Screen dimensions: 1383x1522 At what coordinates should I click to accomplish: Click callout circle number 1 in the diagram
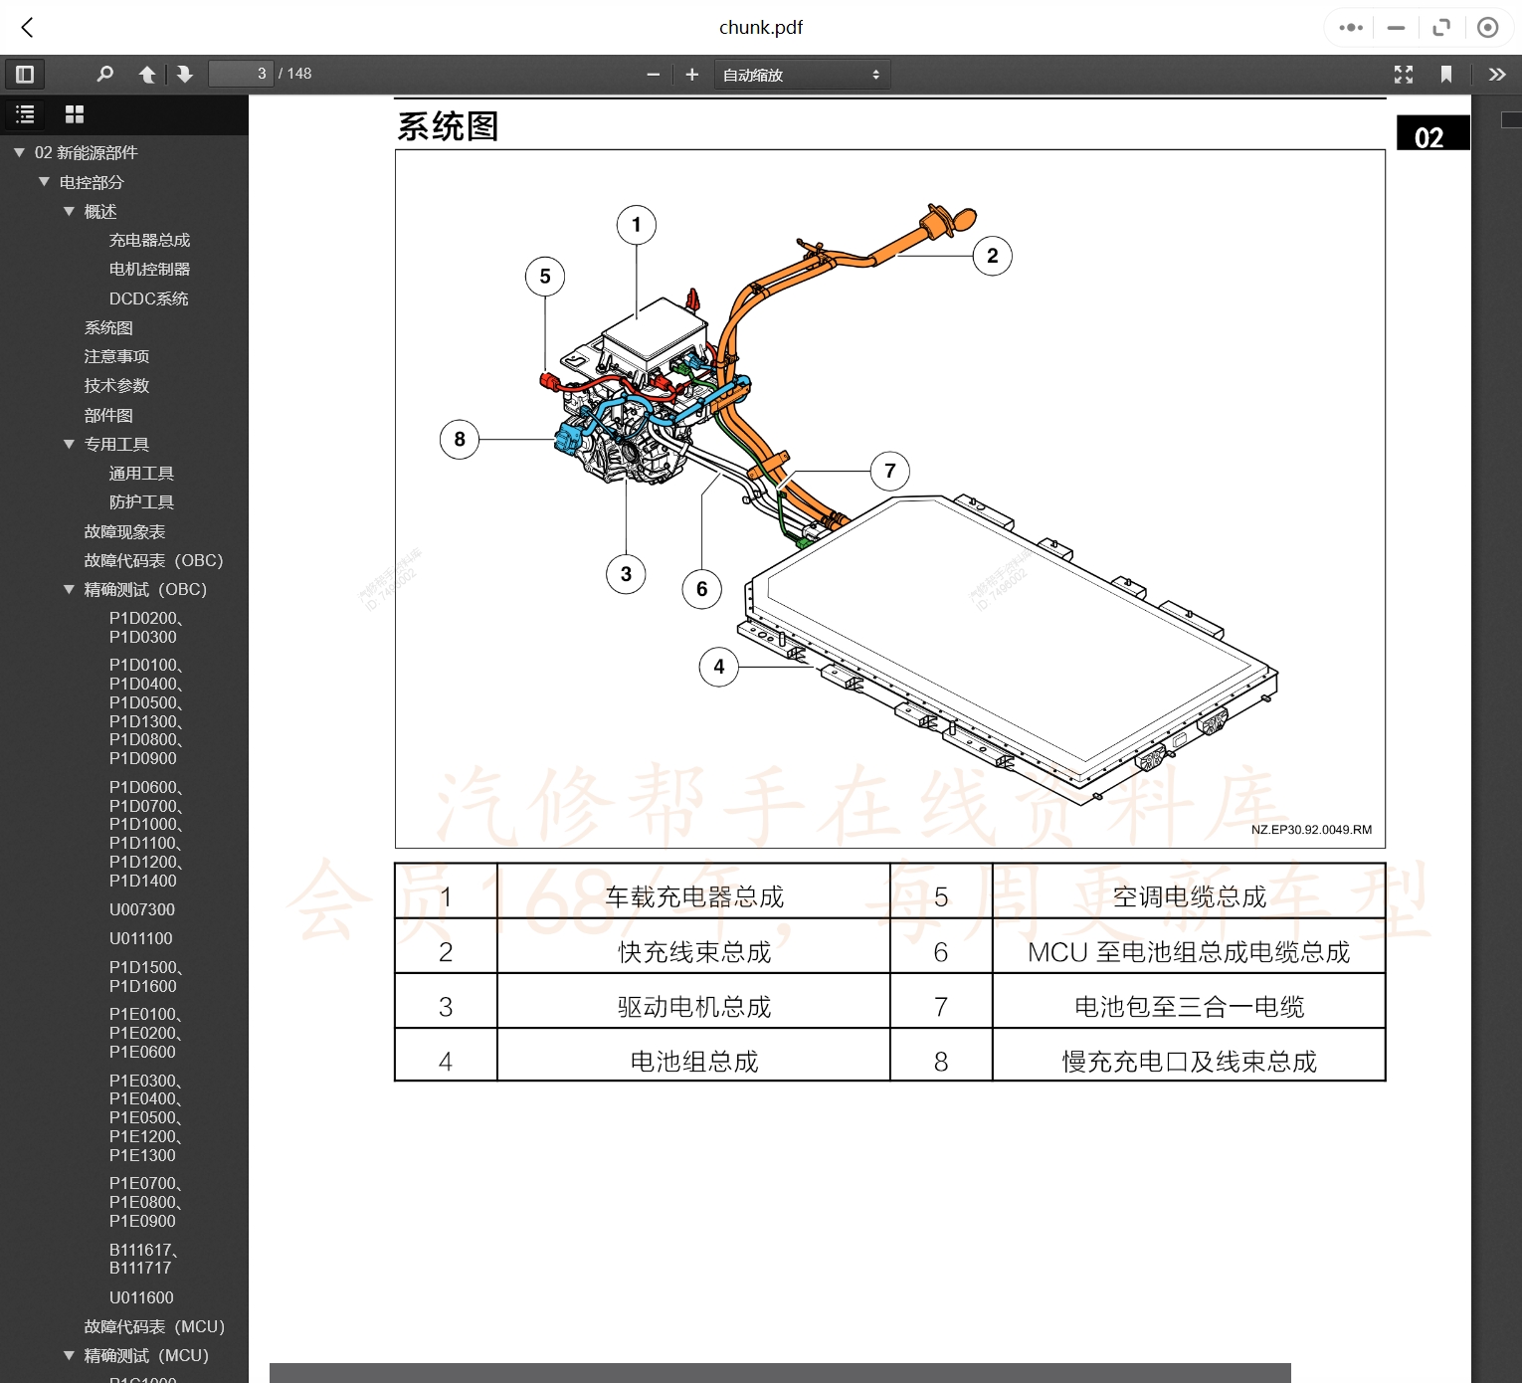[637, 225]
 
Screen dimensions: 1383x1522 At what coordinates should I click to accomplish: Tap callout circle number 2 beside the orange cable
[992, 256]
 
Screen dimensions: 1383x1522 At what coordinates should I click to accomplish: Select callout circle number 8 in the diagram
[460, 439]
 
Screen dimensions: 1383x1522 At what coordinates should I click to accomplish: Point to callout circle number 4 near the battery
[719, 667]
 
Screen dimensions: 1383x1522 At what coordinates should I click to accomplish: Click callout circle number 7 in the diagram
[890, 471]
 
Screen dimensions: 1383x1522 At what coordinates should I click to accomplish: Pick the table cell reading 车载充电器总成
[694, 897]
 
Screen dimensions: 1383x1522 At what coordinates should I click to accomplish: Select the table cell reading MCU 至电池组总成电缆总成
[1189, 952]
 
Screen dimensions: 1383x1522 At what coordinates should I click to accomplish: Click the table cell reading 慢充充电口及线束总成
[1189, 1062]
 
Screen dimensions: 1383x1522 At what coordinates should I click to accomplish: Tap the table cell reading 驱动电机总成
[694, 1007]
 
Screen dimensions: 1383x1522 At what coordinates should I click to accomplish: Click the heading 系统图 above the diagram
[448, 126]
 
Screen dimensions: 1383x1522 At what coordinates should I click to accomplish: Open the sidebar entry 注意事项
[116, 356]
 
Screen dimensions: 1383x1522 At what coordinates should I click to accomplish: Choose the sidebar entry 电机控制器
[149, 269]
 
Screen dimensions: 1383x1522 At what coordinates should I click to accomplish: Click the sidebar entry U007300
[142, 909]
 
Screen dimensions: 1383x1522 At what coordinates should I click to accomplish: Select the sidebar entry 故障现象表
[124, 531]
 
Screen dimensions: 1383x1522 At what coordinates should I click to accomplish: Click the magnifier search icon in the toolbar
[104, 74]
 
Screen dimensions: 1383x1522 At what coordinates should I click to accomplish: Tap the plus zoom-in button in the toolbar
[692, 74]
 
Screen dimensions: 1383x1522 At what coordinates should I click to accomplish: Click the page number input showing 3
[241, 74]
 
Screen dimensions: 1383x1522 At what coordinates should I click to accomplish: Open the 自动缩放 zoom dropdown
[802, 75]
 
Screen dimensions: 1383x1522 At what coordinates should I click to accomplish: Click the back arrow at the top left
[28, 27]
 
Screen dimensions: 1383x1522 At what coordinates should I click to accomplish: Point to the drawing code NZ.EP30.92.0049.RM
[1311, 830]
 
